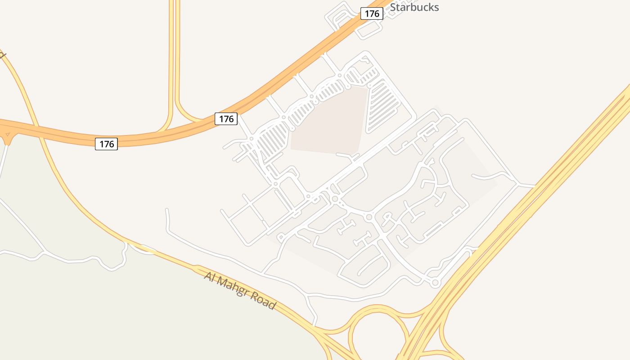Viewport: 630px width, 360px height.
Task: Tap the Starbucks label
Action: [414, 7]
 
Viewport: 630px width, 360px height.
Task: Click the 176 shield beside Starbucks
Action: [372, 13]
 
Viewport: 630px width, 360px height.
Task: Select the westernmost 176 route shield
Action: [106, 144]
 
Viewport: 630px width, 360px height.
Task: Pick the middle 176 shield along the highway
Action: [226, 119]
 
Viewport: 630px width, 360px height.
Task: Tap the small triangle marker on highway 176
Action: [7, 134]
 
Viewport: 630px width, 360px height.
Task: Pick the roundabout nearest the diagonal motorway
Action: [435, 283]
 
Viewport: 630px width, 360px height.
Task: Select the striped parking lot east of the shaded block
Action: [382, 106]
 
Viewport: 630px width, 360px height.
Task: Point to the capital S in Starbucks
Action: [393, 7]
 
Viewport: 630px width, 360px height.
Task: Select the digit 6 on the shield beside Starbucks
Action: [378, 13]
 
